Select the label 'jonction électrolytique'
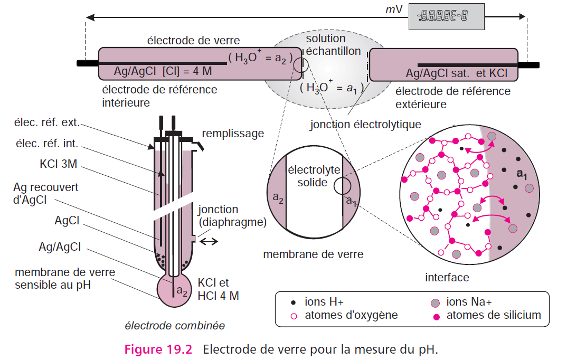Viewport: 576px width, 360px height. pos(365,125)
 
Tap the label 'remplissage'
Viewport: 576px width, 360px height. pos(233,134)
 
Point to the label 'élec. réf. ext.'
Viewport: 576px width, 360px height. pos(48,123)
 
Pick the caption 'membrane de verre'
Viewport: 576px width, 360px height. pos(313,254)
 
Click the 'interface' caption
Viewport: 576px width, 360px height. pos(447,277)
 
